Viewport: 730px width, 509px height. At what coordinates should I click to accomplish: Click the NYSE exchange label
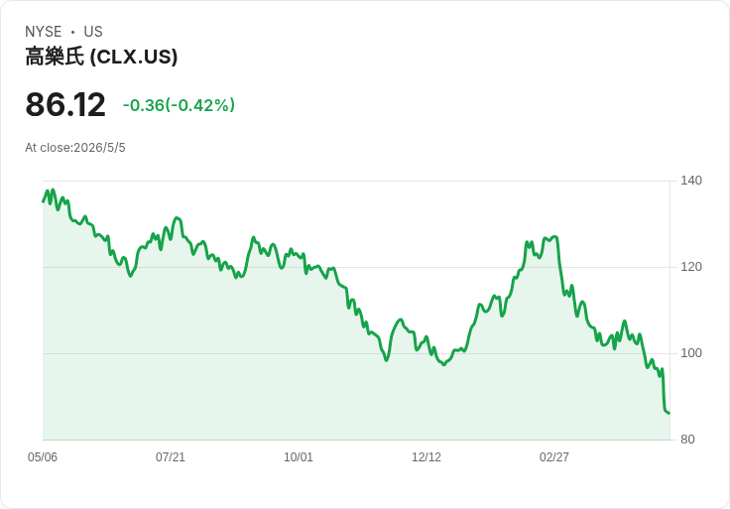tap(44, 32)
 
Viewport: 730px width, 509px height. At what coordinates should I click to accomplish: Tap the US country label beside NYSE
tap(93, 32)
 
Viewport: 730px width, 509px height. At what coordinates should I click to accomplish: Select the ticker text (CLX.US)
tap(133, 57)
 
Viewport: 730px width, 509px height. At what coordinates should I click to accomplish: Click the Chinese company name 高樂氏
tap(55, 57)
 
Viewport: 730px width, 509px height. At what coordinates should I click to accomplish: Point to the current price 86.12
tap(65, 104)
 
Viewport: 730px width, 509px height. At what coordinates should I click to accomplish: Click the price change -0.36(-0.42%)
tap(179, 105)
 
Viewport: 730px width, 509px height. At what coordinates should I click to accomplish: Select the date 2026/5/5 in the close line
tap(99, 148)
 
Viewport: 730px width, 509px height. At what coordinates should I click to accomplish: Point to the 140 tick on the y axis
tap(691, 181)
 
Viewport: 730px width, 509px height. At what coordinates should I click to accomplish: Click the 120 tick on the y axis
tap(691, 267)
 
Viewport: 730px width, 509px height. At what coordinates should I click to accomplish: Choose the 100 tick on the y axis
tap(691, 353)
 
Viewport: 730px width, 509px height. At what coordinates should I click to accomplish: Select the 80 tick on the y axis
tap(687, 440)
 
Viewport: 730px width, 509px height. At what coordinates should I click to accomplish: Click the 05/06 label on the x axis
tap(43, 457)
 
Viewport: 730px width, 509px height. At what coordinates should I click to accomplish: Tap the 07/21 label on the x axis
tap(171, 457)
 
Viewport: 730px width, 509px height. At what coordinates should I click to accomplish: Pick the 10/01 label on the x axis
tap(299, 457)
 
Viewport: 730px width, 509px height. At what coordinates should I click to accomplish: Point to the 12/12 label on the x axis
tap(426, 457)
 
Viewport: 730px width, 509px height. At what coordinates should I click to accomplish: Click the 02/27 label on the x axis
tap(554, 457)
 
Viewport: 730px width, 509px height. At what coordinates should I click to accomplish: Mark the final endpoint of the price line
tap(669, 413)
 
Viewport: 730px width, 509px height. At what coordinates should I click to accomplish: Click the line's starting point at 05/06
tap(43, 201)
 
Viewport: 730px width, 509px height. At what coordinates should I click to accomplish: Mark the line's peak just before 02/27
tap(554, 237)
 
